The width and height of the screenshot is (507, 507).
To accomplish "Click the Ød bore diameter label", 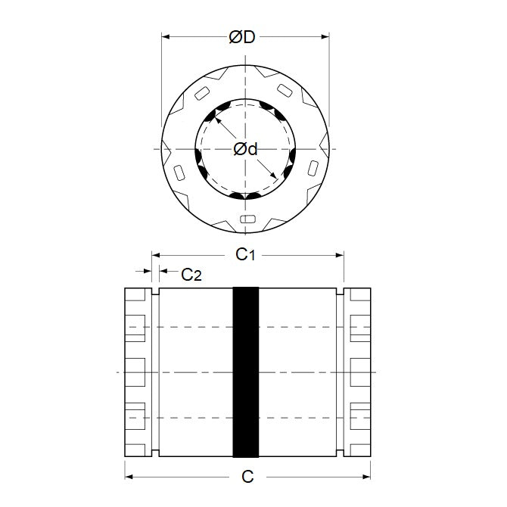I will [x=245, y=149].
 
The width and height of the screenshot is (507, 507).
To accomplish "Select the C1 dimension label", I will [x=244, y=255].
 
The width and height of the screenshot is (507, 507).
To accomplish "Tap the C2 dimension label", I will [x=191, y=275].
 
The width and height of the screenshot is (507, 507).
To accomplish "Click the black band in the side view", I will [x=245, y=372].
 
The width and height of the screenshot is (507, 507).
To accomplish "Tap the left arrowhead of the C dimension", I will [x=129, y=477].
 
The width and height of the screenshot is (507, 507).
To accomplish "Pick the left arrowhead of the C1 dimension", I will [x=157, y=255].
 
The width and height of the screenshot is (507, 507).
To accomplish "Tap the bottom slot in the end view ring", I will [x=246, y=219].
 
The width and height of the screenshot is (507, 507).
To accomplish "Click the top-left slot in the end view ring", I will [x=202, y=93].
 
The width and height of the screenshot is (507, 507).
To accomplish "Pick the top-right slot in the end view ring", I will [x=285, y=90].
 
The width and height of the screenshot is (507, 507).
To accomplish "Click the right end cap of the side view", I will [x=358, y=372].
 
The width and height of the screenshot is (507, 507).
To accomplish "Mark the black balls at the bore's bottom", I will [x=245, y=196].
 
